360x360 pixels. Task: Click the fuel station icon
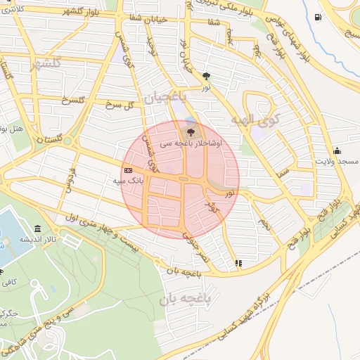point(319,17)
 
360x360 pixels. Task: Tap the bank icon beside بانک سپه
point(128,170)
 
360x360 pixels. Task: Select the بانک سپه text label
point(128,181)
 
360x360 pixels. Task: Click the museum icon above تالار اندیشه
point(37,230)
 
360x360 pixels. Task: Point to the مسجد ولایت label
point(337,161)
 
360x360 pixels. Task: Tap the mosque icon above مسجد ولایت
point(337,150)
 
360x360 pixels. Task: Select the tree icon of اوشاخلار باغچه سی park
point(189,131)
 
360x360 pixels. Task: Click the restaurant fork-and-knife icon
point(238,263)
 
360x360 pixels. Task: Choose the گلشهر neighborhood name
point(47,63)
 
